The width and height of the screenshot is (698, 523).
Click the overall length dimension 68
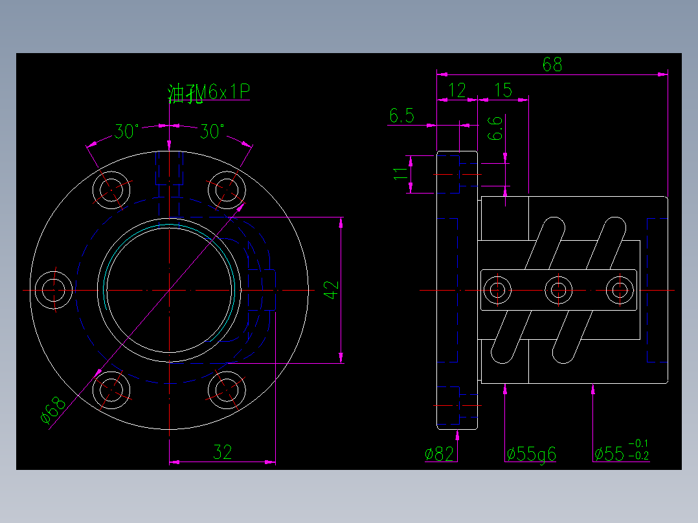click(552, 64)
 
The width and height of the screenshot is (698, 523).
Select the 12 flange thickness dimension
click(457, 90)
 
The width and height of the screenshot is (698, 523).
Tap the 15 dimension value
click(503, 90)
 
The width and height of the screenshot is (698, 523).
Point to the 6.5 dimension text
click(401, 117)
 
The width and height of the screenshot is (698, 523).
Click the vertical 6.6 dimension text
click(495, 128)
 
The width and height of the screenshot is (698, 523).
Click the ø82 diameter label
click(439, 454)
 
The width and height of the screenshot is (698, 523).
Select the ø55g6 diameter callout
click(531, 454)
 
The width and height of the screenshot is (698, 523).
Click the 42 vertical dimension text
click(331, 290)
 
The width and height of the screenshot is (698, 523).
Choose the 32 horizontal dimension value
click(222, 452)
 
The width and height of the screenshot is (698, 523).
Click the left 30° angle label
click(127, 132)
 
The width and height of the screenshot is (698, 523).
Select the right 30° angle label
click(212, 132)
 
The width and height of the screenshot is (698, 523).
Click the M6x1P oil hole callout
click(208, 94)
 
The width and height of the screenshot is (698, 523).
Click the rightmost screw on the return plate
click(620, 289)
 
